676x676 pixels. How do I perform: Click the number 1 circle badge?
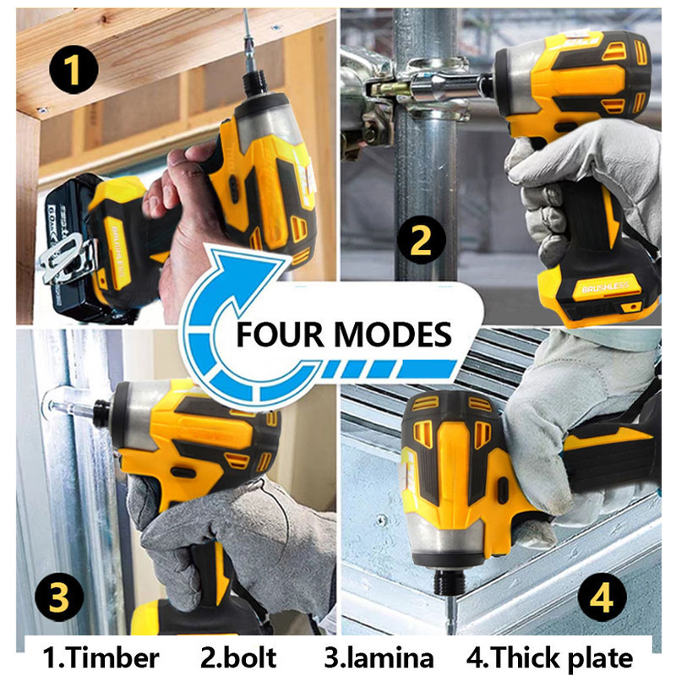[x=74, y=69]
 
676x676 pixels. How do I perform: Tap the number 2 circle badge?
[x=421, y=240]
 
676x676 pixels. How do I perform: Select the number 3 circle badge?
[x=59, y=597]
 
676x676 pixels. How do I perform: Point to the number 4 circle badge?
[x=602, y=597]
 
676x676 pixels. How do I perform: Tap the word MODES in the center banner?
[x=392, y=335]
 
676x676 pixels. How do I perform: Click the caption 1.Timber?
[x=101, y=658]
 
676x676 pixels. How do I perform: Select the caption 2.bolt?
[x=238, y=658]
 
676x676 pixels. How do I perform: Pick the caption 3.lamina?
[x=379, y=658]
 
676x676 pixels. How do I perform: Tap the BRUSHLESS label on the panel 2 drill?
[x=605, y=287]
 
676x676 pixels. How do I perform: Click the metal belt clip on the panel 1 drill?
[x=64, y=259]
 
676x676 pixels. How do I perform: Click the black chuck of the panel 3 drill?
[x=101, y=414]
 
